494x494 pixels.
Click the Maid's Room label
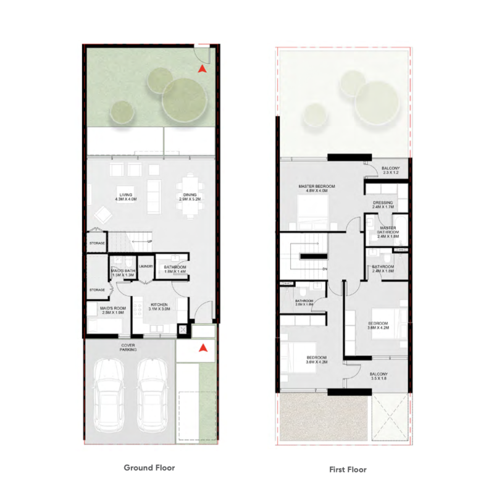pos(108,311)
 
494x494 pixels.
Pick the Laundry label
pos(146,266)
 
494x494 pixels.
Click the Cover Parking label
pos(128,347)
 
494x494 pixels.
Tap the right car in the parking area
pos(153,395)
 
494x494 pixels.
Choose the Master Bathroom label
pos(387,232)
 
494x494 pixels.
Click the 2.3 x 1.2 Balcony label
pos(391,170)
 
